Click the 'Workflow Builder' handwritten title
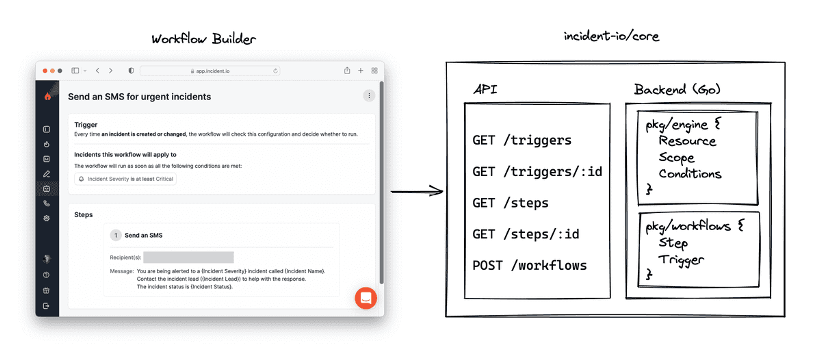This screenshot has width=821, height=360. pyautogui.click(x=204, y=39)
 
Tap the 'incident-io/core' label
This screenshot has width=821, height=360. pyautogui.click(x=611, y=36)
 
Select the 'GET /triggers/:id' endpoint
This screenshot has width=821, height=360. pyautogui.click(x=537, y=171)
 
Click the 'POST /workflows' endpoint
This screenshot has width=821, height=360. pyautogui.click(x=530, y=266)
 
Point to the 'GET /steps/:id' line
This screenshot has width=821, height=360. pyautogui.click(x=526, y=234)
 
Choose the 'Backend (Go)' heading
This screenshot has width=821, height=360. pyautogui.click(x=677, y=89)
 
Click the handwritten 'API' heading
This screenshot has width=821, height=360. pyautogui.click(x=485, y=89)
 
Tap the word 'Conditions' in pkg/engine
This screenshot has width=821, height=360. pyautogui.click(x=690, y=174)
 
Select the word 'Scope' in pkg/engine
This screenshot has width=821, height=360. pyautogui.click(x=676, y=157)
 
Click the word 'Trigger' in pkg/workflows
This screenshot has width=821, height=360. pyautogui.click(x=681, y=260)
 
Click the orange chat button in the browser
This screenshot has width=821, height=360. pyautogui.click(x=366, y=298)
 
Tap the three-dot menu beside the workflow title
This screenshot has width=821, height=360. pyautogui.click(x=369, y=96)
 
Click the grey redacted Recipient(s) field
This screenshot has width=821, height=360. pyautogui.click(x=188, y=257)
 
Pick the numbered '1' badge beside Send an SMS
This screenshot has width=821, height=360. pyautogui.click(x=116, y=235)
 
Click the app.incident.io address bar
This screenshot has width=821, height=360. pyautogui.click(x=210, y=71)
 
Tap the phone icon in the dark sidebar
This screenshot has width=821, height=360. pyautogui.click(x=47, y=204)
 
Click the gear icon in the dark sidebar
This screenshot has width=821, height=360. pyautogui.click(x=47, y=218)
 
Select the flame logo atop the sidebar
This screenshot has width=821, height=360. pyautogui.click(x=48, y=97)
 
